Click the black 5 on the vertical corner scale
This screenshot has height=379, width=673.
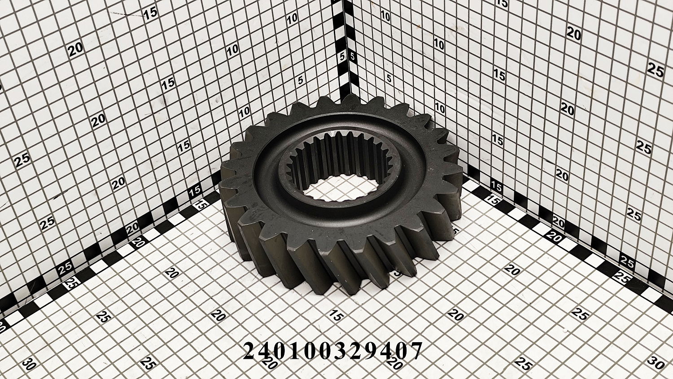click(x=353, y=57)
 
